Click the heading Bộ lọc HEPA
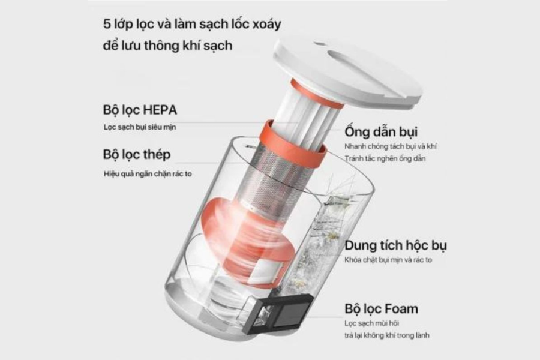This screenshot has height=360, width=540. [140, 110]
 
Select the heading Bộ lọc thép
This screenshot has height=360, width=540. [137, 155]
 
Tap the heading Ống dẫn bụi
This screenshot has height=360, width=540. [381, 131]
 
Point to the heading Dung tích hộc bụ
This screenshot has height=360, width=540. [395, 245]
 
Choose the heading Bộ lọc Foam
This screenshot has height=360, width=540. [381, 308]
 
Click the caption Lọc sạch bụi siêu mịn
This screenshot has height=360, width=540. [140, 127]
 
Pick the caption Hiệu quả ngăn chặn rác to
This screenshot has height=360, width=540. [148, 173]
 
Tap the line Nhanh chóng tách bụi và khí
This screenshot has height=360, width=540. [391, 146]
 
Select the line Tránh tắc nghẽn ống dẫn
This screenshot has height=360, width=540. [385, 158]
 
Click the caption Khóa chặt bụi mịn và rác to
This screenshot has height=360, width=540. [388, 260]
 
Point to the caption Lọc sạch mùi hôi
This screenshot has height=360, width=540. [371, 323]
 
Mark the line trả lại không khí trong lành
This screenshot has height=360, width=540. [387, 335]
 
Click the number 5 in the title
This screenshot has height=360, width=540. [107, 24]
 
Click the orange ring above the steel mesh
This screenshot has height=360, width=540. [292, 145]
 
